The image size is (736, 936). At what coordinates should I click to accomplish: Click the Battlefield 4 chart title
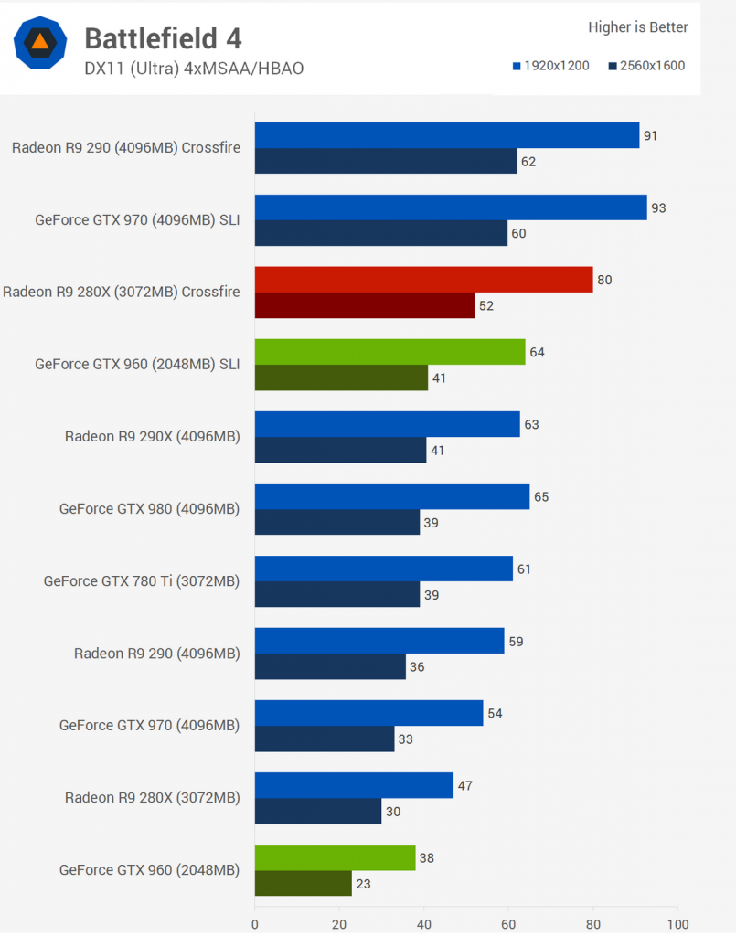[163, 38]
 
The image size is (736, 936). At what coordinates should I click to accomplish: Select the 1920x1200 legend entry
[551, 66]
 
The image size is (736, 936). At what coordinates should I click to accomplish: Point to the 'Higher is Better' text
[637, 27]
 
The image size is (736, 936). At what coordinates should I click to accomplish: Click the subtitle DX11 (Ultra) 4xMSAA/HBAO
[194, 69]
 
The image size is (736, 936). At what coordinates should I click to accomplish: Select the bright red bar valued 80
[423, 280]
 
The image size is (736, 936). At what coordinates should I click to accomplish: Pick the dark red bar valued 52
[364, 305]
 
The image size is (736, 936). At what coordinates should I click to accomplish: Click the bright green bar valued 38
[335, 857]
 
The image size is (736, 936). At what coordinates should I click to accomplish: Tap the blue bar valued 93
[450, 207]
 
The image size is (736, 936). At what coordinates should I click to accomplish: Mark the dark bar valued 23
[303, 883]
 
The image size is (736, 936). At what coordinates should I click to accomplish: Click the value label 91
[651, 136]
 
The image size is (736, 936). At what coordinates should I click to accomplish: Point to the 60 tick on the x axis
[508, 924]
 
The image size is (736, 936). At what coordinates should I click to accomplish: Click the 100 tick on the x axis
[677, 924]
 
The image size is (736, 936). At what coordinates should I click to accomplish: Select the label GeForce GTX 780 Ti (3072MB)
[142, 580]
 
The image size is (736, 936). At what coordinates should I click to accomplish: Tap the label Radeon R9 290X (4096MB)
[152, 436]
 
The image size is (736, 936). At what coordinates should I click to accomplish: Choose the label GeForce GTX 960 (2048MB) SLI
[137, 364]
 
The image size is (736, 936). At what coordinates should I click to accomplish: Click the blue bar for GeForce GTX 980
[391, 496]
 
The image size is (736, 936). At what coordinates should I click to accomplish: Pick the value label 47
[464, 786]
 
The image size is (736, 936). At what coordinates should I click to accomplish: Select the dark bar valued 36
[330, 666]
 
